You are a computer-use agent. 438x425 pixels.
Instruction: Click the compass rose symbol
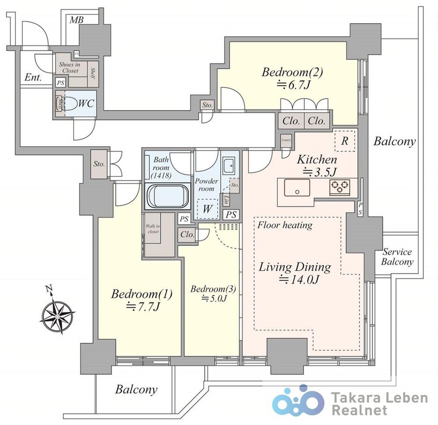click(57, 314)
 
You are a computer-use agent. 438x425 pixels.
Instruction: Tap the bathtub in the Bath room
click(166, 196)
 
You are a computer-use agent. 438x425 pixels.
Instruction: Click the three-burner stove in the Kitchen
click(340, 188)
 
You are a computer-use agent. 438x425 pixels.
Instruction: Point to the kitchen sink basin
click(297, 189)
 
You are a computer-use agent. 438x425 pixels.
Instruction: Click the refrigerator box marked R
click(345, 141)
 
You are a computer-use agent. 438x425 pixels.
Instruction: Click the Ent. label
click(33, 78)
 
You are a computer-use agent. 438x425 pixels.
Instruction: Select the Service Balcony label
click(397, 257)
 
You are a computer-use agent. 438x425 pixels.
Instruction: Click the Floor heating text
click(285, 225)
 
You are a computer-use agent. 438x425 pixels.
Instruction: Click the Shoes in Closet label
click(70, 67)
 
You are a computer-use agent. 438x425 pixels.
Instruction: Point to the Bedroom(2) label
click(292, 72)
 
